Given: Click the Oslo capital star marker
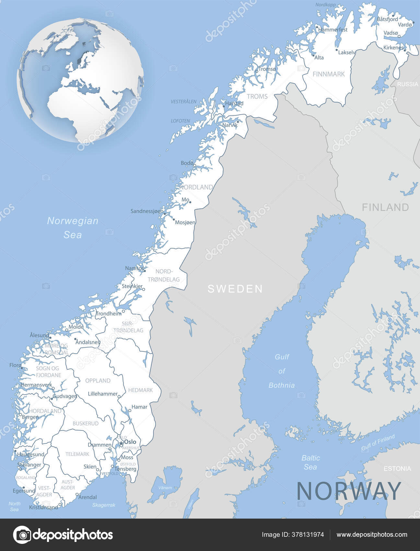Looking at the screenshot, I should pos(121,443).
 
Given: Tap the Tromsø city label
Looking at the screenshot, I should pos(267,69).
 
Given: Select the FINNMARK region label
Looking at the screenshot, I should pos(329,74).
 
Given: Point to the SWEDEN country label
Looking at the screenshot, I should pos(235,289).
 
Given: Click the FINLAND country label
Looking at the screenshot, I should pos(385,207).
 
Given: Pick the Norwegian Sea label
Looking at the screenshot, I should pos(73,228).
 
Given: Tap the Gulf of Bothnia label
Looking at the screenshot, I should pos(282,371).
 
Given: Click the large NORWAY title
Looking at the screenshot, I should pos(349,491).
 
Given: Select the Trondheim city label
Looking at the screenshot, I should pos(108,313).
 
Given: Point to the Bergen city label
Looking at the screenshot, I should pos(30,417).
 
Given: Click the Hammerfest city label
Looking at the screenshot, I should pos(333,30).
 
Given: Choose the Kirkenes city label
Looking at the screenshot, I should pos(393,48).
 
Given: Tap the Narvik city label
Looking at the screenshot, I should pos(230,125).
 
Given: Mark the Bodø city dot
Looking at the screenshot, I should pos(194,165).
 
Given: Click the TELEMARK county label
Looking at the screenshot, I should pos(77,454).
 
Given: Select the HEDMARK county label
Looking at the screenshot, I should pos(140,390).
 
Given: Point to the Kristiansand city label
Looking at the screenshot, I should pos(43,507).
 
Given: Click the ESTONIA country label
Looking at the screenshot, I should pos(397,469).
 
